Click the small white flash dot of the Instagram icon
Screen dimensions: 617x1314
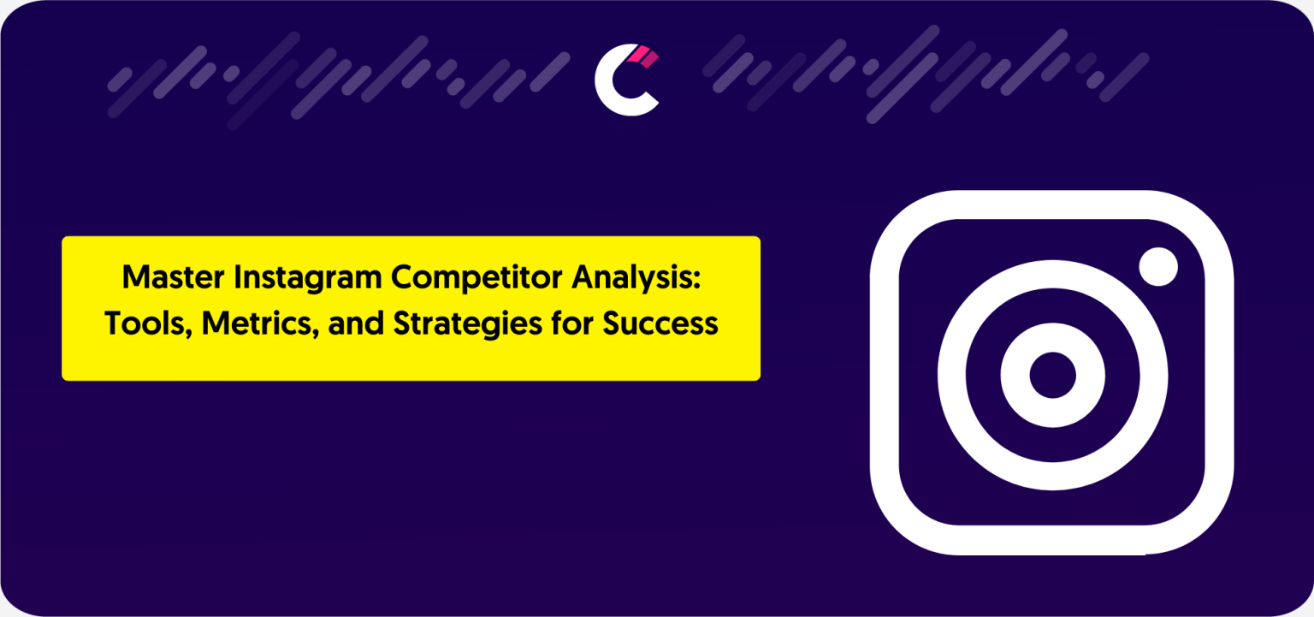click(1158, 267)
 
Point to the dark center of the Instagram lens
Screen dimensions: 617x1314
click(1052, 376)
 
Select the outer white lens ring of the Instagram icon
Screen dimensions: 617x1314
click(952, 376)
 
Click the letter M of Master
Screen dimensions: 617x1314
click(134, 277)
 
